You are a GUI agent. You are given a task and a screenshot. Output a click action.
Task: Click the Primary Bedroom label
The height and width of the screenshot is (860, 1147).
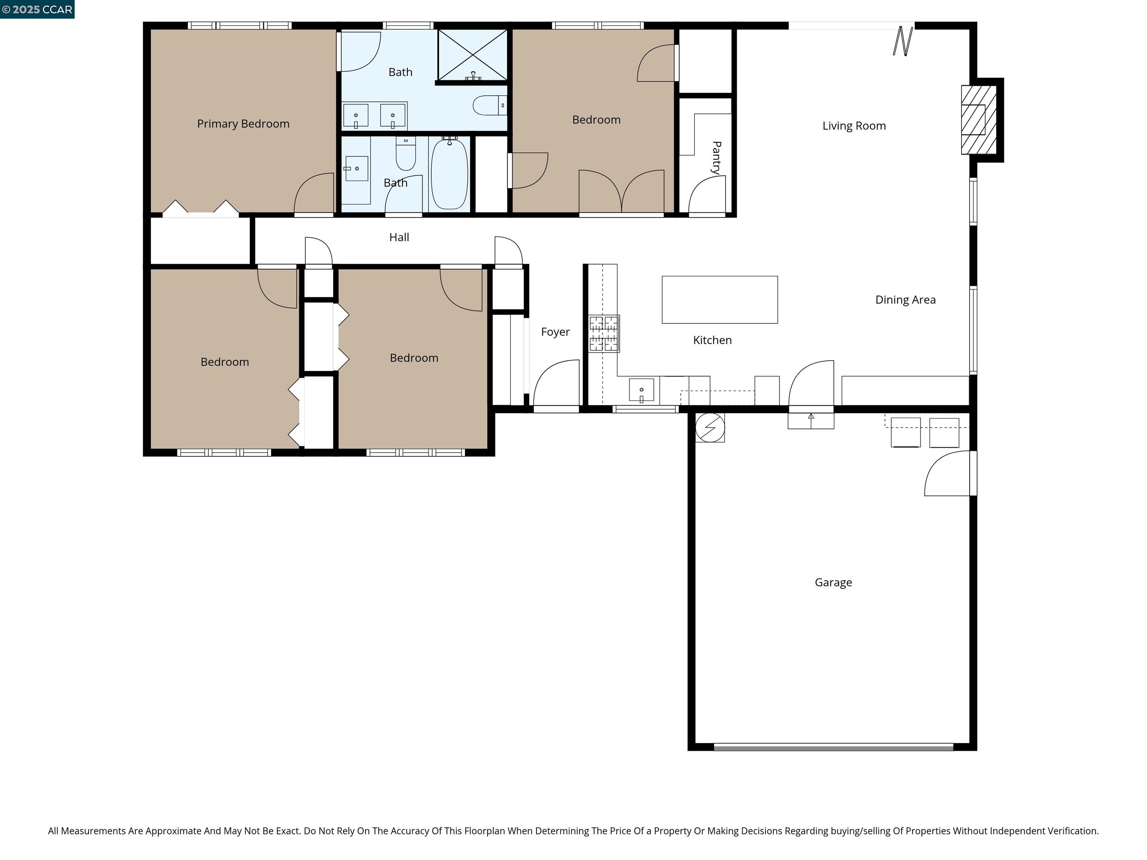click(243, 124)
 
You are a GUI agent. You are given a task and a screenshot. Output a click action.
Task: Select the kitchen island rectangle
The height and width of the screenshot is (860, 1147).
click(719, 300)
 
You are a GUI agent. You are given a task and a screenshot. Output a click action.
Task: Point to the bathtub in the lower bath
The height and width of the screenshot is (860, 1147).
click(449, 175)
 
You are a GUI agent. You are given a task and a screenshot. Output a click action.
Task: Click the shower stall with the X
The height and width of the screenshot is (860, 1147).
click(472, 55)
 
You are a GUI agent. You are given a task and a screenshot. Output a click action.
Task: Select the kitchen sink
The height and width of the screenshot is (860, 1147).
click(641, 390)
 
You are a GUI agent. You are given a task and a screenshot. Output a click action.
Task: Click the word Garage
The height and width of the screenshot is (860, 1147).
click(833, 582)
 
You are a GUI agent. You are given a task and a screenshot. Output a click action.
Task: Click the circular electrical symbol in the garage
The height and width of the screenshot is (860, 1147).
click(709, 427)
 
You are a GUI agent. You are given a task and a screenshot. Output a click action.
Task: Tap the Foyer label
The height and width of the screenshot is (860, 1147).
click(555, 332)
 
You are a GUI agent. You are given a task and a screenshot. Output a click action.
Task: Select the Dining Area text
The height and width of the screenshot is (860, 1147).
click(905, 300)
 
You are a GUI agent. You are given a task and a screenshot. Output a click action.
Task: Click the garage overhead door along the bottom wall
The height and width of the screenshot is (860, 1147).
click(833, 747)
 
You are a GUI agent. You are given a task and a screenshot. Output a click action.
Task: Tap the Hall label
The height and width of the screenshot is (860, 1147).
click(399, 237)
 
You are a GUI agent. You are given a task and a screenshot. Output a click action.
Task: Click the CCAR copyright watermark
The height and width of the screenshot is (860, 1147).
click(37, 9)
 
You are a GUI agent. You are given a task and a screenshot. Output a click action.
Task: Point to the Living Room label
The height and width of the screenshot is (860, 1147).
click(854, 126)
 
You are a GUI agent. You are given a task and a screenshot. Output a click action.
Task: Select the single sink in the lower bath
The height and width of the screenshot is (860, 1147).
click(357, 168)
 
